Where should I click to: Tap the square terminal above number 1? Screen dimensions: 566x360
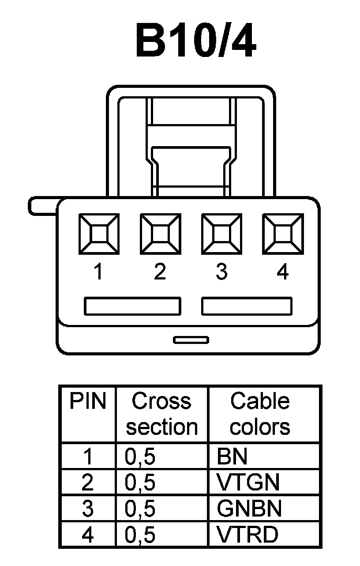point(98,234)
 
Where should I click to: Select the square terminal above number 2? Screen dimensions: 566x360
point(160,234)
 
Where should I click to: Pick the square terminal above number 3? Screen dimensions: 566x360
point(221,234)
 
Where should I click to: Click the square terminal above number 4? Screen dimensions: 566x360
point(283,234)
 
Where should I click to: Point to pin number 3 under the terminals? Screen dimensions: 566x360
point(221,272)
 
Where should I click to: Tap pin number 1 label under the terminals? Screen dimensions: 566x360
point(98,272)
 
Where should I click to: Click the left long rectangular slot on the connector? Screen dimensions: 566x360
point(132,306)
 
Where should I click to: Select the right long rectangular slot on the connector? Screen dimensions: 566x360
point(247,306)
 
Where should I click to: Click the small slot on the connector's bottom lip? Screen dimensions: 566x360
point(191,340)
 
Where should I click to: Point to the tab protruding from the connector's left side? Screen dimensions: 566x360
point(42,206)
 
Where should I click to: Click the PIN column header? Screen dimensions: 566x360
point(88,402)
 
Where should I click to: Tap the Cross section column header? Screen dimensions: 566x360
point(162,414)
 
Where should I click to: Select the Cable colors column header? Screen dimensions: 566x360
point(260,414)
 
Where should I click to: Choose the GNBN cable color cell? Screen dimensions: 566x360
point(249,509)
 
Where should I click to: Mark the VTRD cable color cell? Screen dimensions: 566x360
point(247,535)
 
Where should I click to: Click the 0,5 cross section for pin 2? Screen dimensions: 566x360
point(140,483)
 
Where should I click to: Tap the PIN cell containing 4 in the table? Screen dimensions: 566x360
point(88,535)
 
